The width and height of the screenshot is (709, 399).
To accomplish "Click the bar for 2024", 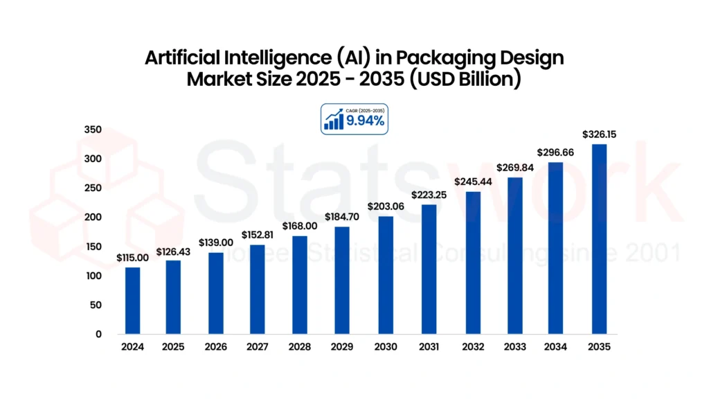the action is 132,301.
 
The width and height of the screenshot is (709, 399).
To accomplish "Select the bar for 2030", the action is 386,275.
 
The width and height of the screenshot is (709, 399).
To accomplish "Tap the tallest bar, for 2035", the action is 599,239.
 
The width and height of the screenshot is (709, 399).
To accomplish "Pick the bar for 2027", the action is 258,290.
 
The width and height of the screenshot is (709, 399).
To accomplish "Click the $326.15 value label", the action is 599,134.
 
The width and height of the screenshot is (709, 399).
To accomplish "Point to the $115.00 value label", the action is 132,258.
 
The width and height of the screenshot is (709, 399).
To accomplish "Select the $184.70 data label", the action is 342,217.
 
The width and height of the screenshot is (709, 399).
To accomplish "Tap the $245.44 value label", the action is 473,181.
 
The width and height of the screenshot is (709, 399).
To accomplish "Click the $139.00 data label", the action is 216,242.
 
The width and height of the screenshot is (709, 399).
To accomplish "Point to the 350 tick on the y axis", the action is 93,130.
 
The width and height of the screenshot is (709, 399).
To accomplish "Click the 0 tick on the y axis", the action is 98,335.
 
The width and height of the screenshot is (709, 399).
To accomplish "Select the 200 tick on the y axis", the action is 93,217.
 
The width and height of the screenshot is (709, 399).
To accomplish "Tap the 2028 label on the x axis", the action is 299,347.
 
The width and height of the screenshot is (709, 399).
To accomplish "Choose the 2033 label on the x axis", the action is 515,347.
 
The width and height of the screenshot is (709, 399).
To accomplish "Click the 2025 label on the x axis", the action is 173,347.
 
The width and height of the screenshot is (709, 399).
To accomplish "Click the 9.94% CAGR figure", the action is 365,121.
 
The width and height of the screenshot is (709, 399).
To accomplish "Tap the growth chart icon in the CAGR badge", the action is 334,119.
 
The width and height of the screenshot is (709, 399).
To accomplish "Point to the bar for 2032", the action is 473,263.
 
